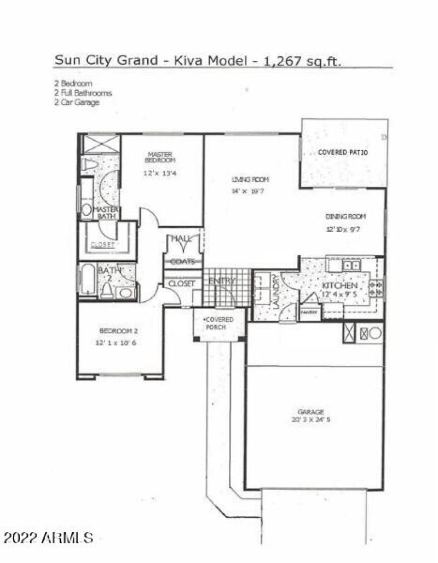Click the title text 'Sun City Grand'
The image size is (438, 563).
tap(102, 61)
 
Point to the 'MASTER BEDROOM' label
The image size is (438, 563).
tap(160, 157)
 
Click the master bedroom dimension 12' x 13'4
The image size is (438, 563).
tap(160, 173)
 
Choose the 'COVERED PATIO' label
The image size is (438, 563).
tap(343, 152)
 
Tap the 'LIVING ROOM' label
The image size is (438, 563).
tap(250, 180)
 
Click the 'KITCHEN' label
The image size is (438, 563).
tap(339, 286)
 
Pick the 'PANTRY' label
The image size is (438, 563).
tap(307, 312)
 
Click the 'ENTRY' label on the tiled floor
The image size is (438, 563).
tap(222, 281)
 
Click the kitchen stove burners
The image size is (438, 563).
tap(377, 288)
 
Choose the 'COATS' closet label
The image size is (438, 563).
tap(182, 262)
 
